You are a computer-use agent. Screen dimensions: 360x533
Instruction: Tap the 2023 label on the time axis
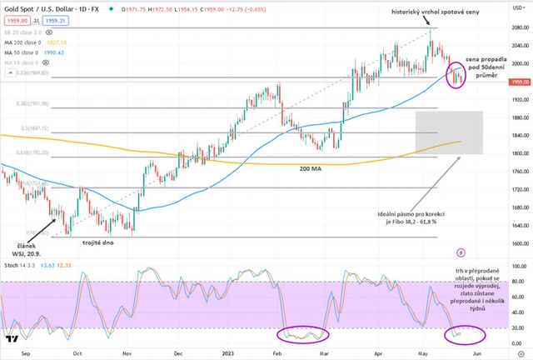226,352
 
